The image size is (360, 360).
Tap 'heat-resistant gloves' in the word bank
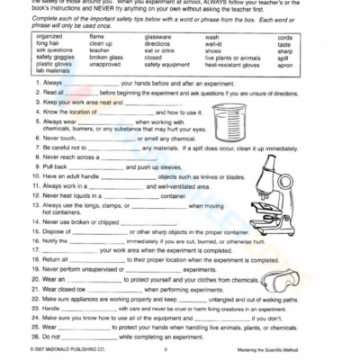tap(234, 66)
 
